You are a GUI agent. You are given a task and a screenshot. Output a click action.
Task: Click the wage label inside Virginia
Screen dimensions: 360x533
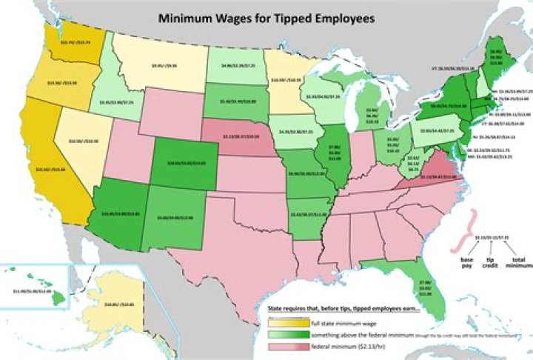click(436, 177)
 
